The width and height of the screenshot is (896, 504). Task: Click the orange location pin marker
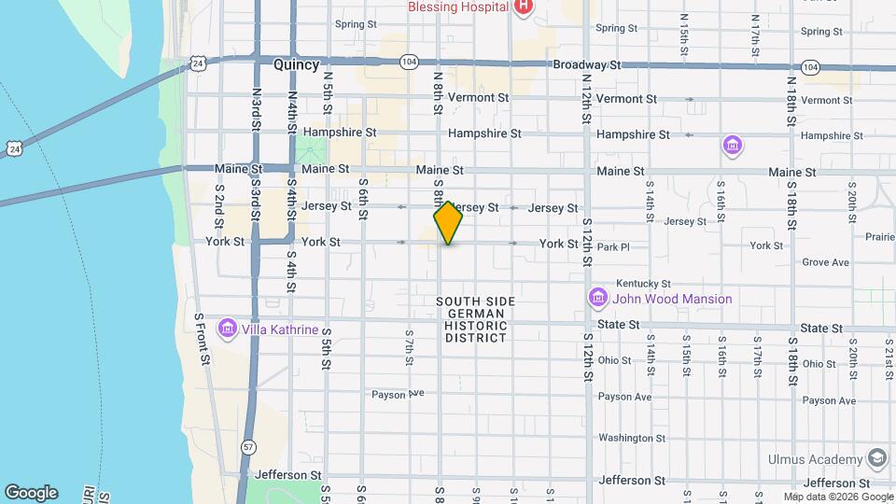click(x=448, y=223)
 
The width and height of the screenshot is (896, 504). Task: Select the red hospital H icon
click(x=524, y=7)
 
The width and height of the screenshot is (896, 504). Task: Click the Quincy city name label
click(x=296, y=65)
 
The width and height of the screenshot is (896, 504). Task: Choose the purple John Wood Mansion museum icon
click(x=597, y=299)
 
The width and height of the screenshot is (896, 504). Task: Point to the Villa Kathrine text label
click(x=281, y=330)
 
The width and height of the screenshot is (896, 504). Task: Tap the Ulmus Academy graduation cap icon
click(x=876, y=459)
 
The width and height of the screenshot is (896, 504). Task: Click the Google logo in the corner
click(x=31, y=493)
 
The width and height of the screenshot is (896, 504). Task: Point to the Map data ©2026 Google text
click(x=836, y=497)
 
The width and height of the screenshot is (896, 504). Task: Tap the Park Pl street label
click(x=614, y=247)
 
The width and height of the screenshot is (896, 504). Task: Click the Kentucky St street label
click(x=643, y=283)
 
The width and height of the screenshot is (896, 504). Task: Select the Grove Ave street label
click(x=825, y=262)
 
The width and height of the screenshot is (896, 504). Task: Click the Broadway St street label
click(x=587, y=65)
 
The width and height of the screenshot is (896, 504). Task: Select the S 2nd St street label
click(x=220, y=200)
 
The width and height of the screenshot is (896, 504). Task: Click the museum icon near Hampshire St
click(x=733, y=146)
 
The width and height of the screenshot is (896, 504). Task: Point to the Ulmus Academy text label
click(x=815, y=459)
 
